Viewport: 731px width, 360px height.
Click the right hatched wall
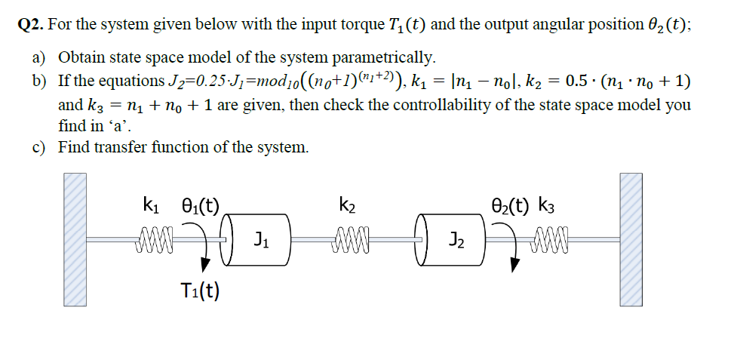(x=631, y=238)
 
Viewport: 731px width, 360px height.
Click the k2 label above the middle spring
(x=348, y=204)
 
